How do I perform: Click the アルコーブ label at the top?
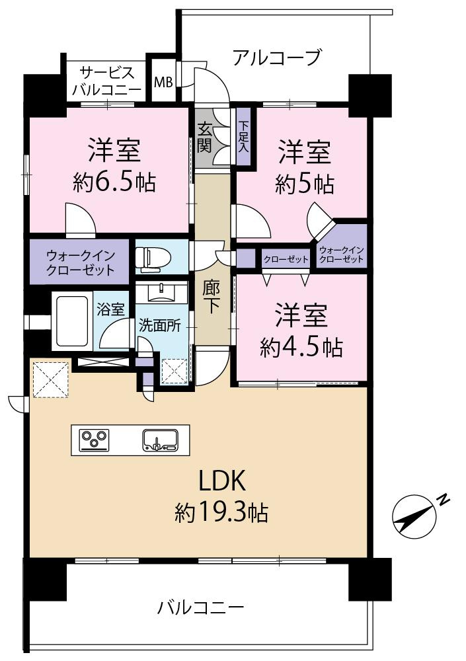(276, 58)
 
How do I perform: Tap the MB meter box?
(163, 83)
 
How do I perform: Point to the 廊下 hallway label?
(211, 297)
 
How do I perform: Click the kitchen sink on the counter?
(159, 440)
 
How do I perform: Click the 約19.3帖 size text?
(221, 512)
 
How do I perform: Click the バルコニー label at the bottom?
(201, 606)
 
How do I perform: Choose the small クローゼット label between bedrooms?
(286, 259)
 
